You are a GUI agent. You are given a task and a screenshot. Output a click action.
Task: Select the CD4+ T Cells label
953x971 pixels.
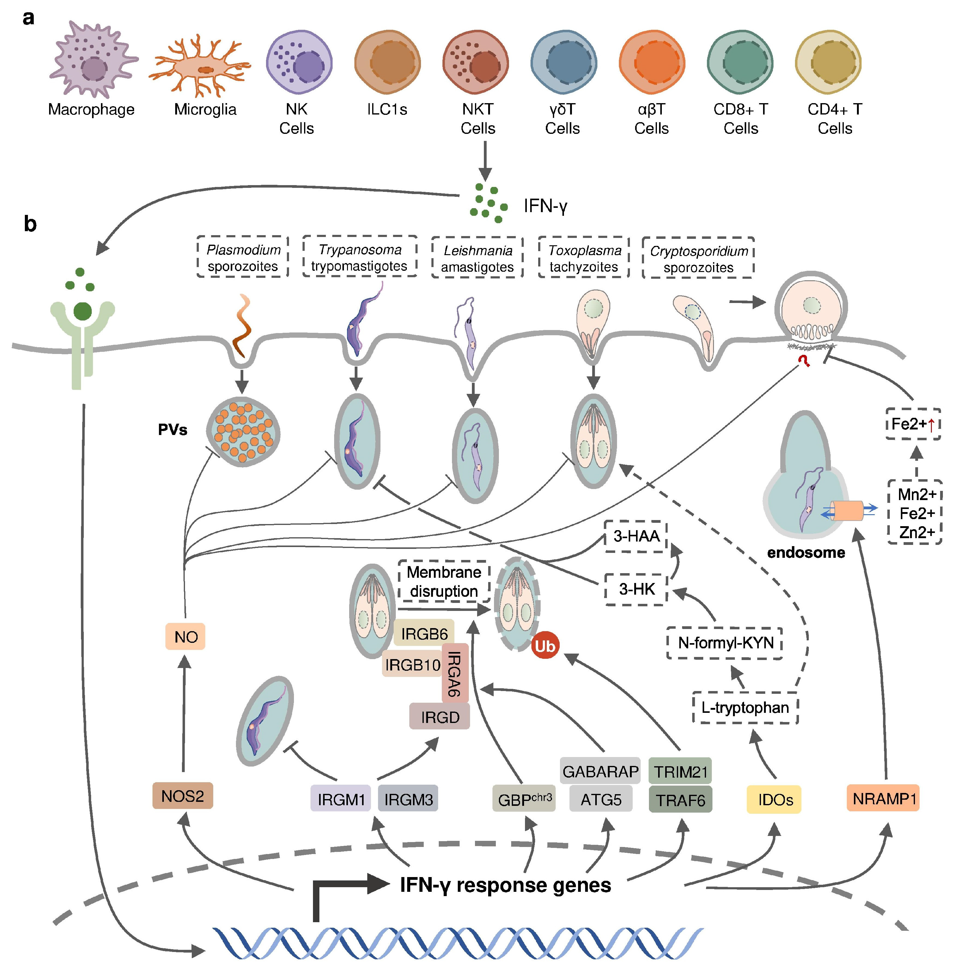(834, 119)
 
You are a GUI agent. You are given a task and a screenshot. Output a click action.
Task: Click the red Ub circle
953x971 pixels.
(545, 646)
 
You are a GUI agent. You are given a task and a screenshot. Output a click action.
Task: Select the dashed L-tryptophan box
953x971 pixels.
(745, 708)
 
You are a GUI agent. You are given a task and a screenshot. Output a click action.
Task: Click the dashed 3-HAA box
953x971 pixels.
(636, 536)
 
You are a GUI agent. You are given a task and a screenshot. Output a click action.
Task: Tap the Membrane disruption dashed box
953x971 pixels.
(444, 581)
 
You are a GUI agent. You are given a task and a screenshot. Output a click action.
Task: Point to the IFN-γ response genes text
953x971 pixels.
(506, 885)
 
